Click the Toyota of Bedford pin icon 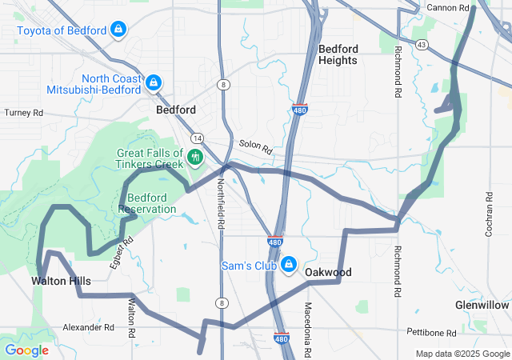click(x=118, y=30)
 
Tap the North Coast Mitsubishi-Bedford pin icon click(x=154, y=82)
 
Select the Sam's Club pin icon click(x=289, y=265)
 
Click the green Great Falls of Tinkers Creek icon click(x=194, y=157)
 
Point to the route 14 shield click(x=197, y=138)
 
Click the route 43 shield click(x=421, y=44)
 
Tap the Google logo click(x=26, y=350)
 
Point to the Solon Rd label click(x=255, y=147)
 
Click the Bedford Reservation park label click(x=147, y=203)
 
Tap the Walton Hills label click(x=61, y=281)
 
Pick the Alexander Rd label click(x=88, y=327)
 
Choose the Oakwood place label click(x=328, y=272)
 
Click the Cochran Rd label click(x=488, y=215)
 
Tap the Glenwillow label click(x=482, y=306)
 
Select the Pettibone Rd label click(x=430, y=331)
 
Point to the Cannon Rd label click(x=447, y=7)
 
